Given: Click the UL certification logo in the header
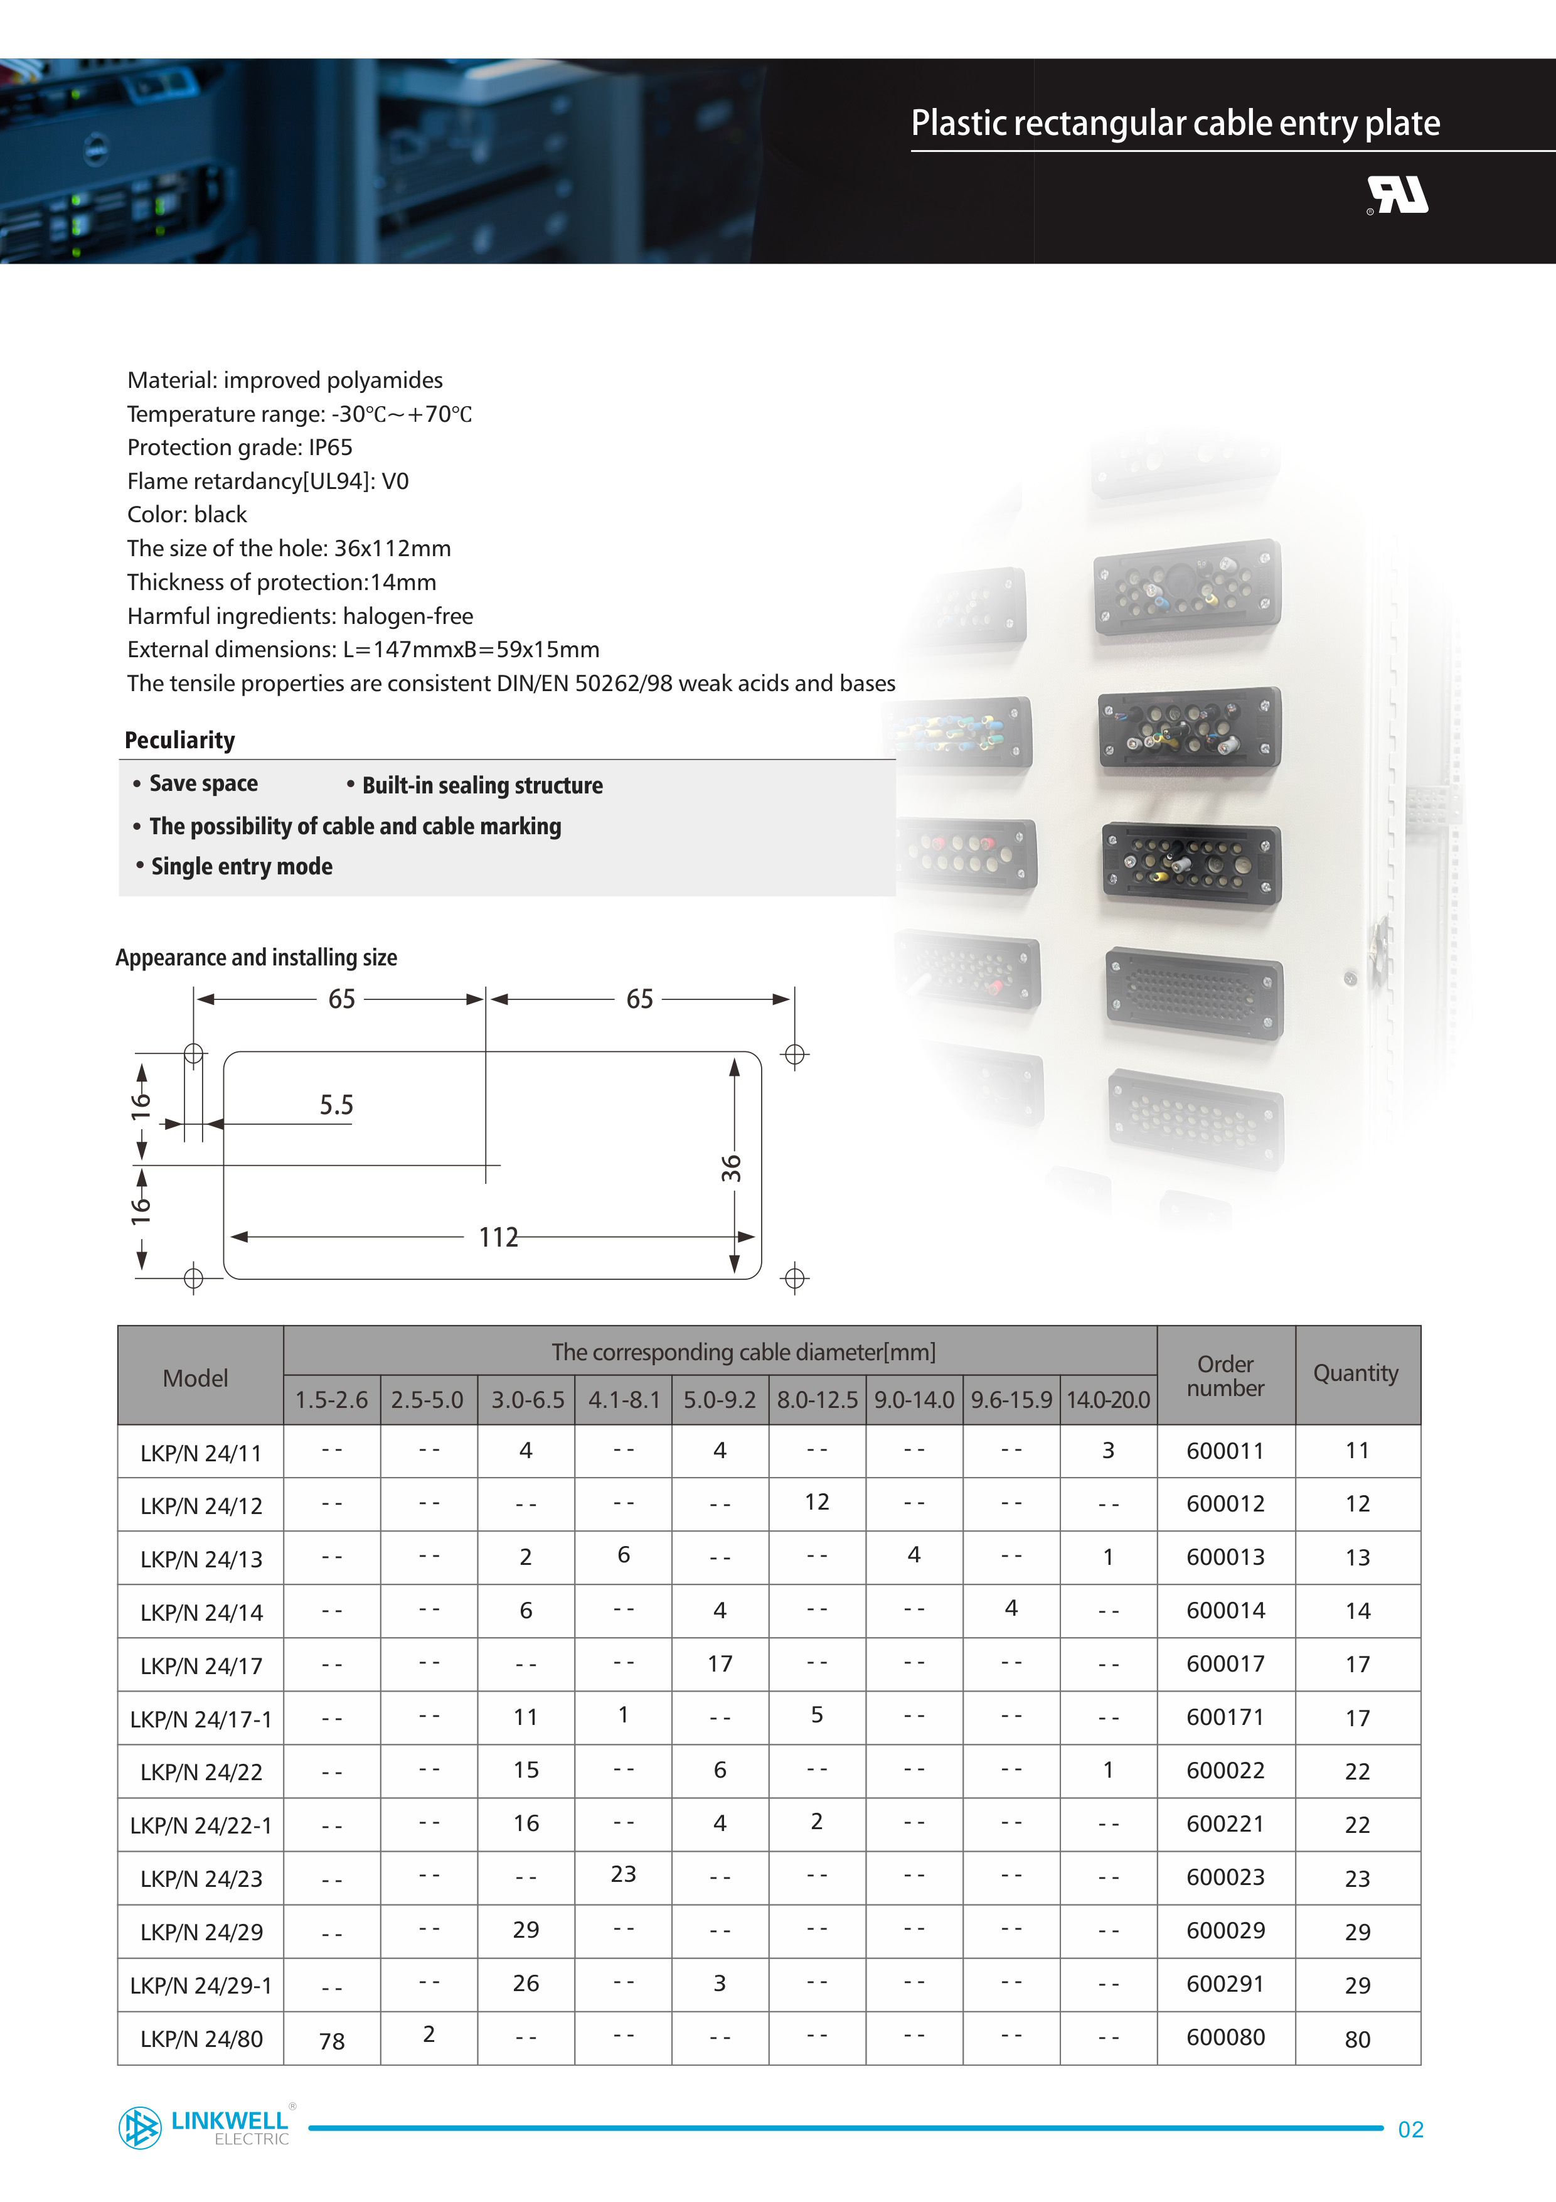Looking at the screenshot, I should tap(1398, 196).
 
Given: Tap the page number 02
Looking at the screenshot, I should tap(1410, 2129).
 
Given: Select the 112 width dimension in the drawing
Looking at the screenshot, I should tap(498, 1237).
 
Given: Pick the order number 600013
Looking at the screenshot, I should tap(1225, 1557).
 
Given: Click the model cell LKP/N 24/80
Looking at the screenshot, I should tap(201, 2039).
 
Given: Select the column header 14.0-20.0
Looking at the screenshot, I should tap(1108, 1400).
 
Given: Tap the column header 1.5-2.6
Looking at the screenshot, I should tap(332, 1400).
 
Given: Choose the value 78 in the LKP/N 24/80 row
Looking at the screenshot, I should tap(332, 2041).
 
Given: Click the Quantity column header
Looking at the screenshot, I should tap(1356, 1373).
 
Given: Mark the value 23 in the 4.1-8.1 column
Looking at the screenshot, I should tap(623, 1874).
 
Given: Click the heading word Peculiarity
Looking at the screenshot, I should tap(180, 741).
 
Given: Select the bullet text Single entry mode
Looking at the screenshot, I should tap(242, 867).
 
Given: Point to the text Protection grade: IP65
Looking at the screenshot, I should tap(240, 448).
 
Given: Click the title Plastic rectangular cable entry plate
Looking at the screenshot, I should tap(1175, 124).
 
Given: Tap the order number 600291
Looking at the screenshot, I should tap(1225, 1984).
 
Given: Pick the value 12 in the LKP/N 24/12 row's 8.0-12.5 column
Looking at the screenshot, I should tap(817, 1502).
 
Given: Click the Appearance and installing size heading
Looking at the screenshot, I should tap(256, 957).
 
